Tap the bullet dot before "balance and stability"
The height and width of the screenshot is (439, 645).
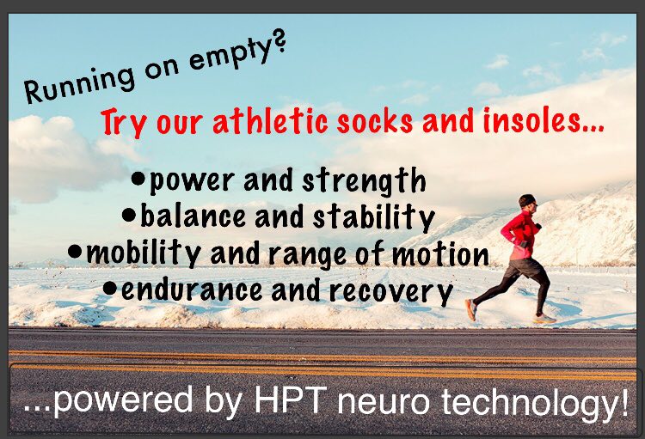[129, 215]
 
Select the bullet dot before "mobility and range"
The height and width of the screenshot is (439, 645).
[75, 251]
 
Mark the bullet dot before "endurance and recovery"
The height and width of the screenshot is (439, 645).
[110, 287]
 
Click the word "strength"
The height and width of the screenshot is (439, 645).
[364, 181]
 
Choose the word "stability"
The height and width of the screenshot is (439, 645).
[373, 216]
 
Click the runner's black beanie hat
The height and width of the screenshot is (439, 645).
[526, 200]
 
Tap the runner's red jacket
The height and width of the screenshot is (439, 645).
[519, 236]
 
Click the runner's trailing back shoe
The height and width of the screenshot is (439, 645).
[471, 310]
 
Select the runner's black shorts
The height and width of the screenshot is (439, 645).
[523, 268]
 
